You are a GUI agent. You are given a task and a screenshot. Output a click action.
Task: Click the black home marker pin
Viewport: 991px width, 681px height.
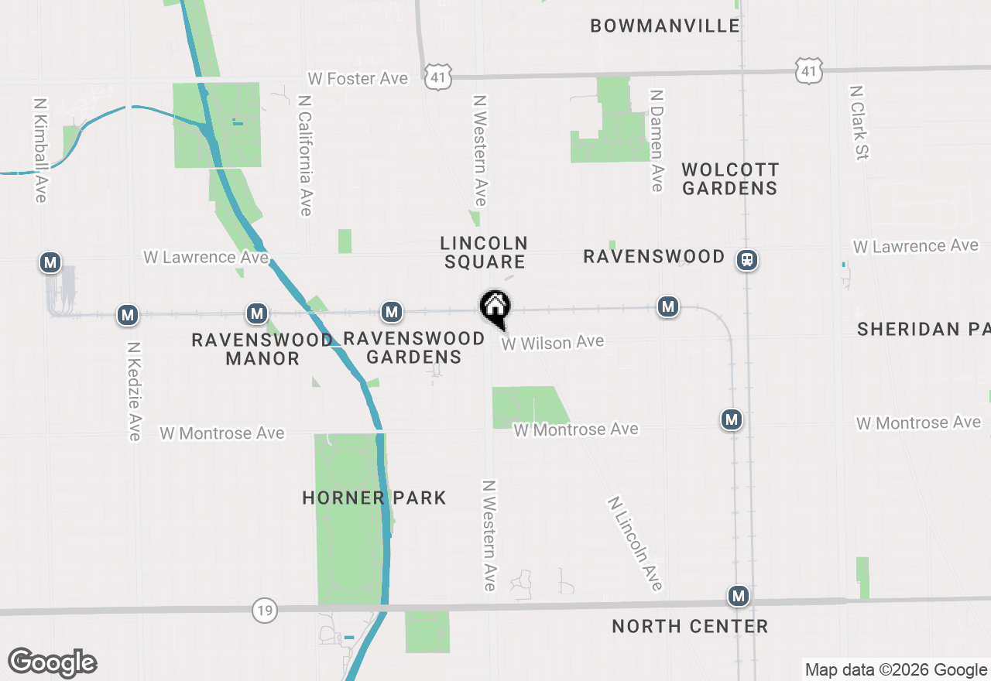coord(495,308)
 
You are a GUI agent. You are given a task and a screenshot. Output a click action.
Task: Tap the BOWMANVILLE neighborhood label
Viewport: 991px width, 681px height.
coord(665,26)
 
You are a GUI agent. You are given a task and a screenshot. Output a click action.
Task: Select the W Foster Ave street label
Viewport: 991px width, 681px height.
coord(357,78)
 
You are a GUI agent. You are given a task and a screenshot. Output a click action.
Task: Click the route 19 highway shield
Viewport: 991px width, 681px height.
coord(265,611)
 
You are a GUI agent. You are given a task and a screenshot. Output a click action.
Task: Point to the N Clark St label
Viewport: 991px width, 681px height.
coord(859,122)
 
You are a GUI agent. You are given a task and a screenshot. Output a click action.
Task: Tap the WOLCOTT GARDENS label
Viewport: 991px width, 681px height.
coord(730,179)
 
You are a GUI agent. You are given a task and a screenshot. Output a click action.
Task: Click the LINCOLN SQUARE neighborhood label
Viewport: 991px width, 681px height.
coord(485,253)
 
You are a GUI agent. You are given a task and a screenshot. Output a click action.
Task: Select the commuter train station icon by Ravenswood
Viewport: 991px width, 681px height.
coord(746,260)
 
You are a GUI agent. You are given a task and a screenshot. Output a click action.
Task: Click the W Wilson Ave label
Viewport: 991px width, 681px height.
coord(552,342)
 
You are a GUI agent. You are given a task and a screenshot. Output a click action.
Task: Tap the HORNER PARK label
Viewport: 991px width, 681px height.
coord(374,498)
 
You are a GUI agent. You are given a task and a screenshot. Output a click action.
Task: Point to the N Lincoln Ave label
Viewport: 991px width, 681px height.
coord(636,543)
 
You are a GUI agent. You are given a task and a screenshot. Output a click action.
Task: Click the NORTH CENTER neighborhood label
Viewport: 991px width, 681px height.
coord(690,626)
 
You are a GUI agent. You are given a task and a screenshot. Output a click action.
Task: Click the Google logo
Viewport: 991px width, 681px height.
coord(52,662)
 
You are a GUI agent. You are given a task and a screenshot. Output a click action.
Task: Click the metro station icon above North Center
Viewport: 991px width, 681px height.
coord(739,596)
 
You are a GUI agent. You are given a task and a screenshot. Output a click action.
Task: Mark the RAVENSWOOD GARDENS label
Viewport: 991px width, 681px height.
coord(413,347)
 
